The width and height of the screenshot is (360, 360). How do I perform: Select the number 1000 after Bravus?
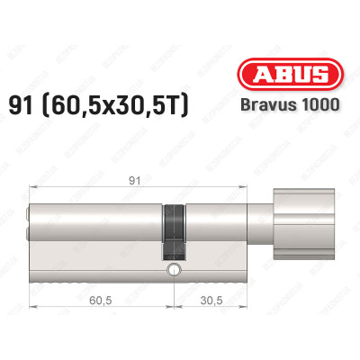[x=321, y=103]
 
